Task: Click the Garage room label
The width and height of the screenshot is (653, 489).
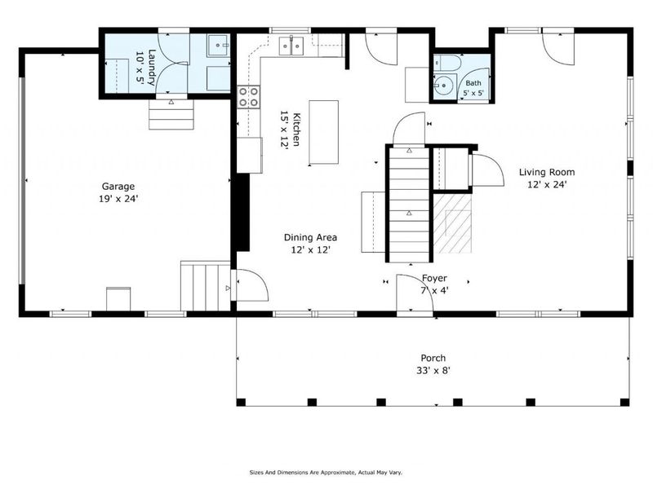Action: coord(118,187)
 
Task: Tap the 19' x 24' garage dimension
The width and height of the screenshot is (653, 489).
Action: coord(118,199)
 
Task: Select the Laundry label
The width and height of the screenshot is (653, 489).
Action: coord(152,68)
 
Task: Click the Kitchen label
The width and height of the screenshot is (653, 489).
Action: coord(296,130)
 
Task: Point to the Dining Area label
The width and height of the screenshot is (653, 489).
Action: coord(311,237)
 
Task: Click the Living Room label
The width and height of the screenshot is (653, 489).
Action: coord(547,172)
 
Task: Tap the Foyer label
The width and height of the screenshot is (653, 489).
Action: coord(434,278)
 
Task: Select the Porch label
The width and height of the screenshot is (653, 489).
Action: coord(433,358)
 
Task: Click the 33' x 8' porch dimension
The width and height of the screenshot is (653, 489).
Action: coord(433,370)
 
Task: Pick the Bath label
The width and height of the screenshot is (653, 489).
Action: coord(473,83)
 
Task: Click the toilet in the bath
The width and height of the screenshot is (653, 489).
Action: coord(447,63)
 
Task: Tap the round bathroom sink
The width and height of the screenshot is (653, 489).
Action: coord(443,86)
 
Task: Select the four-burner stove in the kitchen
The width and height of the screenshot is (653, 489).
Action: coord(249,97)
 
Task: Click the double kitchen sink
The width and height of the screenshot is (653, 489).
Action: coord(291,45)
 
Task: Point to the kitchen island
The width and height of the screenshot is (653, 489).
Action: coord(323,132)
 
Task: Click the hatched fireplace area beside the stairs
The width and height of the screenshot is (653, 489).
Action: coord(452,223)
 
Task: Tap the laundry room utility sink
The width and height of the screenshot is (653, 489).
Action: coord(219,46)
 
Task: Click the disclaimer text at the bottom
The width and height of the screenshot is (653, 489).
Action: coord(326,473)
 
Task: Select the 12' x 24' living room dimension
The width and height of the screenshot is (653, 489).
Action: coord(547,184)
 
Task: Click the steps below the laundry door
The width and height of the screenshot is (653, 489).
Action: coord(171,114)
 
